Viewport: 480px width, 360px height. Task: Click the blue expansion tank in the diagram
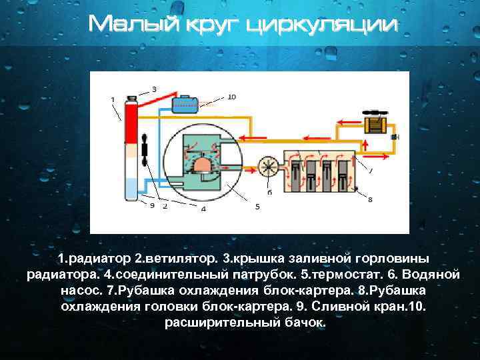[x=184, y=105]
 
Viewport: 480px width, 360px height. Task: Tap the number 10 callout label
[x=231, y=97]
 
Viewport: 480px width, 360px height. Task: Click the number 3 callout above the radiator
[x=155, y=88]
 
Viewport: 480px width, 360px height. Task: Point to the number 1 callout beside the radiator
[x=112, y=99]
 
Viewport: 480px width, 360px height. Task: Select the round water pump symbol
[x=269, y=165]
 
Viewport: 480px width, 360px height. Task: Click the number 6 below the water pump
[x=269, y=192]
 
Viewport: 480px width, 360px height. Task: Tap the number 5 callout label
[x=257, y=207]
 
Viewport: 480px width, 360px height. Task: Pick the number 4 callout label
[x=203, y=209]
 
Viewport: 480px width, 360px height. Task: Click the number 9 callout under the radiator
[x=153, y=206]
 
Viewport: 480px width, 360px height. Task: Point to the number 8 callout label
[x=370, y=199]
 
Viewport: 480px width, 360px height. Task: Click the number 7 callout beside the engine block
[x=371, y=171]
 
